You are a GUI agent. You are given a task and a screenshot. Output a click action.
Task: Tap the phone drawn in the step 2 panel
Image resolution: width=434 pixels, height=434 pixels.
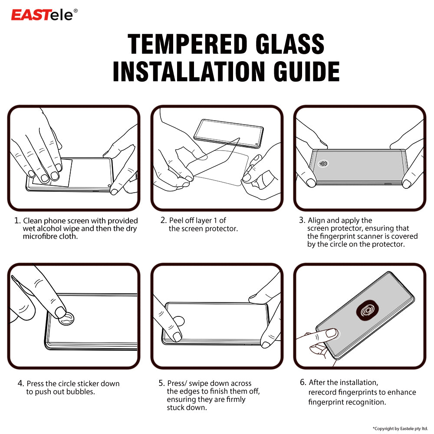coord(229,132)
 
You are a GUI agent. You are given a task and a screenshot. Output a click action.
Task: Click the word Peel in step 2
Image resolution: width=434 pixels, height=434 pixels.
coord(176,220)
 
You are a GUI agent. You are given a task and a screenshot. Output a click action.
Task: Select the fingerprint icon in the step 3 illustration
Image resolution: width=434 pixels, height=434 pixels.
coord(323,164)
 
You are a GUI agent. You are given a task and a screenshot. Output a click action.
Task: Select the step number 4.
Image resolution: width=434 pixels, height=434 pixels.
coord(20,384)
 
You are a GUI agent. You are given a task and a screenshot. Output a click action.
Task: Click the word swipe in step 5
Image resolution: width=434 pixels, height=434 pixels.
coord(197,383)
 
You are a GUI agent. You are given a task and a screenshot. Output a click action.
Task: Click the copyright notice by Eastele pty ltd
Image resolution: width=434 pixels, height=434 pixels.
coord(400,428)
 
